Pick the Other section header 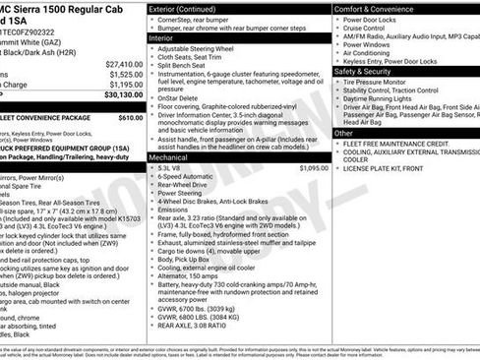(x=343, y=133)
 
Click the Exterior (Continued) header (x=183, y=8)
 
